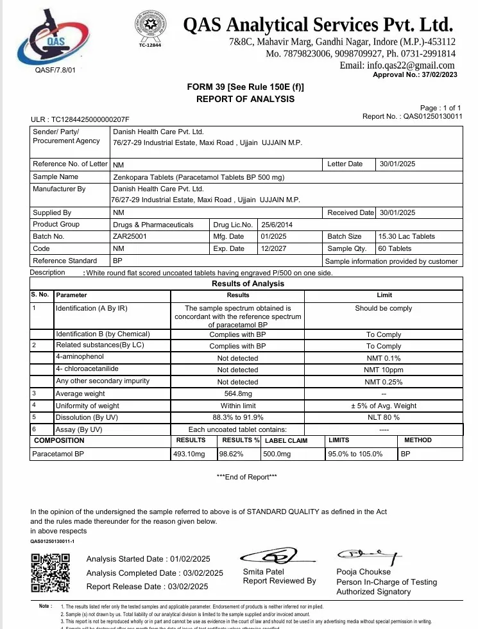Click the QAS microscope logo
pyautogui.click(x=51, y=37)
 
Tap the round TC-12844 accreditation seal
pyautogui.click(x=149, y=28)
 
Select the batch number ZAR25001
pyautogui.click(x=130, y=236)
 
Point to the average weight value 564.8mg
pyautogui.click(x=237, y=393)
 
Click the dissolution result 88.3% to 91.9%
pyautogui.click(x=237, y=417)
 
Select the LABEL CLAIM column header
pyautogui.click(x=286, y=441)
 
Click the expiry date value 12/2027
pyautogui.click(x=275, y=248)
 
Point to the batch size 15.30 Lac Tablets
pyautogui.click(x=407, y=236)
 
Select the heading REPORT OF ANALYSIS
pyautogui.click(x=245, y=99)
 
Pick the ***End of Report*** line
pyautogui.click(x=247, y=476)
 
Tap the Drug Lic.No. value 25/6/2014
pyautogui.click(x=277, y=225)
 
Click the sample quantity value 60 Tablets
pyautogui.click(x=395, y=248)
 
